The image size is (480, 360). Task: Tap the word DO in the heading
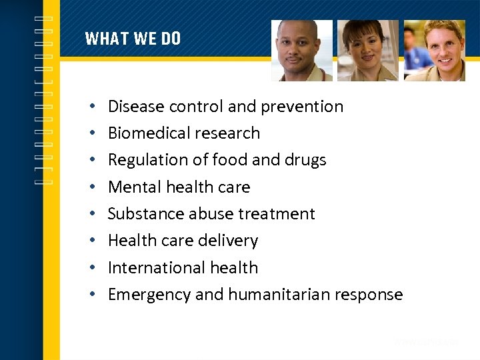171,39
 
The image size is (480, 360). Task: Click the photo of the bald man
301,51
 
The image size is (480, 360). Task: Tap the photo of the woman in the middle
367,51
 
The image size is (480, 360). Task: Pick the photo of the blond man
434,51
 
